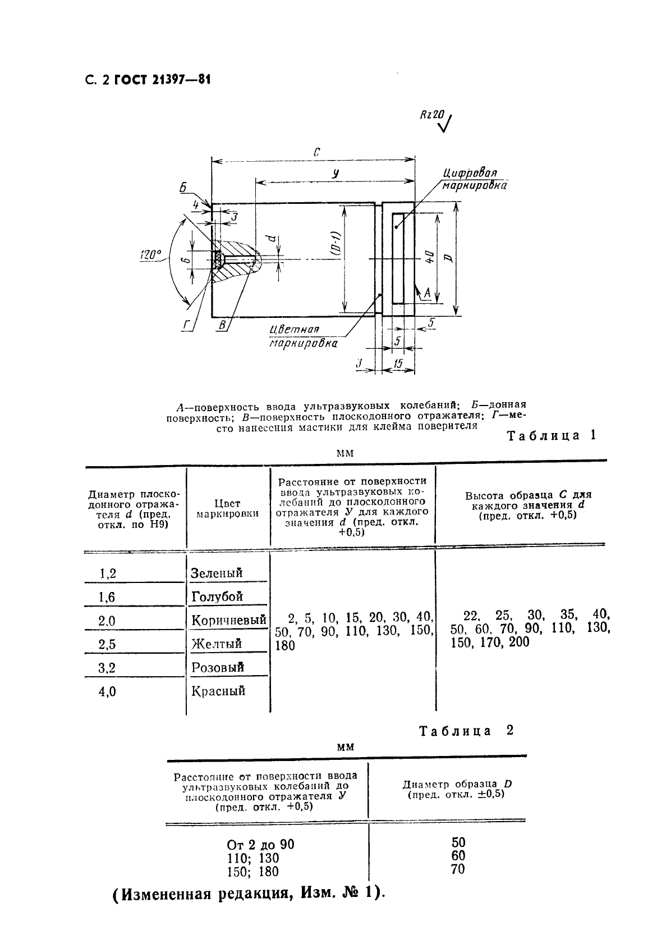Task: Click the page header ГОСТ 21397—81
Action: pos(163,80)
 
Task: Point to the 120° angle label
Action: pos(150,256)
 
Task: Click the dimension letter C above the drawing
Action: pos(316,152)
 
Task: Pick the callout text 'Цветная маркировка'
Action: pos(303,336)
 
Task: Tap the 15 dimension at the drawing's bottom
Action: pos(398,364)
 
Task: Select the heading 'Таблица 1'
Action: pos(550,435)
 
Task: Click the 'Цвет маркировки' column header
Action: pos(227,508)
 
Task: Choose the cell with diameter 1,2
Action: pos(108,573)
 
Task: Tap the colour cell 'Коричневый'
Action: pos(228,620)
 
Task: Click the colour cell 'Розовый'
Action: pos(218,667)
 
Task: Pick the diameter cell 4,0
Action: pos(107,691)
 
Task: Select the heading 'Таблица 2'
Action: pos(466,731)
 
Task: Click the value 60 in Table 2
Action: pos(458,855)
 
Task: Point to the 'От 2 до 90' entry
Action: pos(260,845)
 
